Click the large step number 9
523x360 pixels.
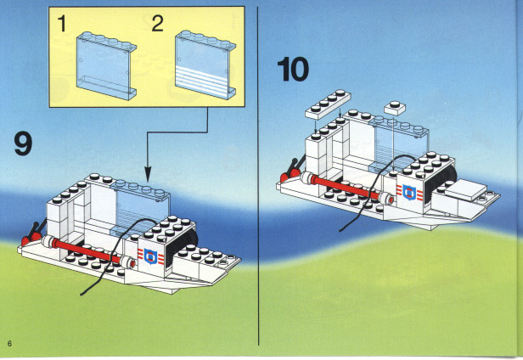(x=24, y=143)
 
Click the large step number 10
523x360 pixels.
(x=293, y=69)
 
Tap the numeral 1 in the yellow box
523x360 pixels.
(x=62, y=24)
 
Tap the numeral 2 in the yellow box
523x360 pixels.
(x=157, y=24)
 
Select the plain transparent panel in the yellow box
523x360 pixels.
(x=106, y=66)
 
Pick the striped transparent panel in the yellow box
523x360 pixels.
(x=205, y=65)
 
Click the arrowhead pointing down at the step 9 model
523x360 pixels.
(x=148, y=174)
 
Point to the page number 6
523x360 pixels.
(x=9, y=343)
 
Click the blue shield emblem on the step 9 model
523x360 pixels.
(x=151, y=256)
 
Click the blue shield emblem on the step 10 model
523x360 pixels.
(x=409, y=193)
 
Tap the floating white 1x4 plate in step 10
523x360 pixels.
(x=328, y=104)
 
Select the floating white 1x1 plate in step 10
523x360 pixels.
(x=395, y=108)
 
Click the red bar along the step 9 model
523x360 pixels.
(x=87, y=251)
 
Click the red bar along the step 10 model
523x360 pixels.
(x=346, y=188)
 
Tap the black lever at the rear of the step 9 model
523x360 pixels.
(x=37, y=229)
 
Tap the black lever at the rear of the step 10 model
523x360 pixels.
(x=298, y=166)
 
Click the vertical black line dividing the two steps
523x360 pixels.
(x=258, y=176)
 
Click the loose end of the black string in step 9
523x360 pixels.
(x=81, y=295)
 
